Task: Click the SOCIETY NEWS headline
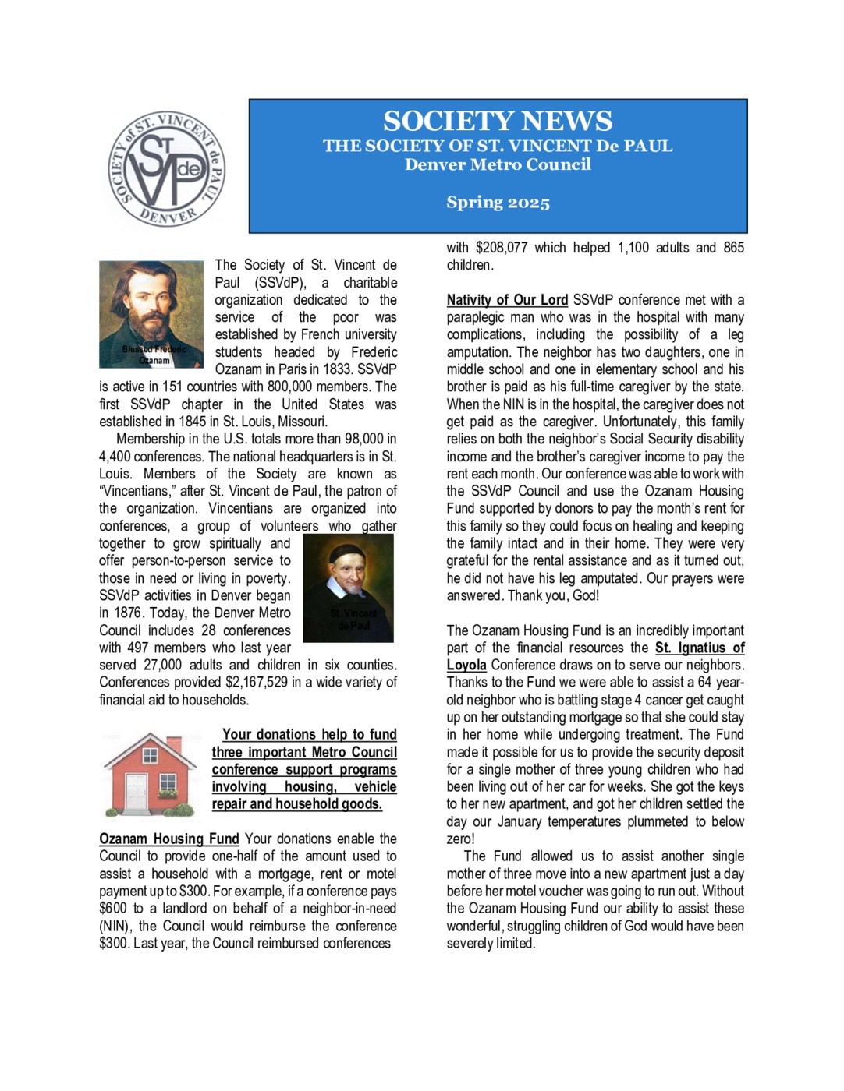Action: pyautogui.click(x=498, y=121)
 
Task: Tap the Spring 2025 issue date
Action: pyautogui.click(x=498, y=203)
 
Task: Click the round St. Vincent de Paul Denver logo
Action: pyautogui.click(x=166, y=168)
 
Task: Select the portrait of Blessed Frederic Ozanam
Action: pyautogui.click(x=151, y=313)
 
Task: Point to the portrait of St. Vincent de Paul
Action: pyautogui.click(x=348, y=588)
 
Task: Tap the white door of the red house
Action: pyautogui.click(x=137, y=793)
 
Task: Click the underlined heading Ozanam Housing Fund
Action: pyautogui.click(x=168, y=839)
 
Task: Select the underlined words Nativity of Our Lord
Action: pyautogui.click(x=507, y=300)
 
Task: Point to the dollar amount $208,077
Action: pyautogui.click(x=501, y=248)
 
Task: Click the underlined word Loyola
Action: pyautogui.click(x=466, y=666)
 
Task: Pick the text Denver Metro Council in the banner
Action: pyautogui.click(x=498, y=164)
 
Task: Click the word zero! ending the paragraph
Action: pyautogui.click(x=460, y=839)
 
